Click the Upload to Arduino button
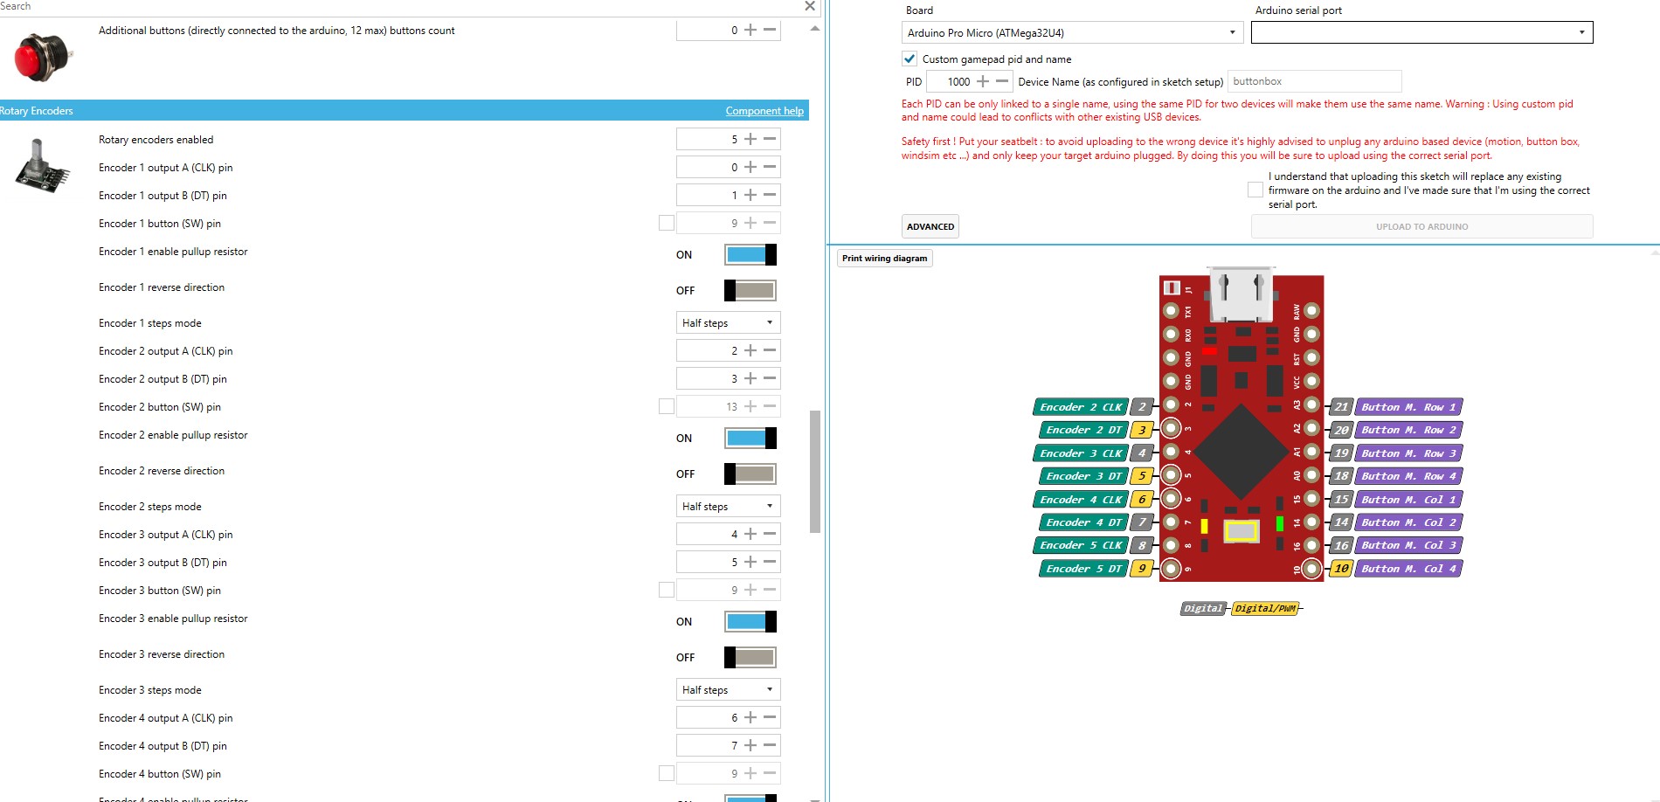pos(1421,226)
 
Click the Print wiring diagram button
pos(885,259)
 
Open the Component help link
pos(764,111)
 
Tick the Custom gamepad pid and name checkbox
pos(910,59)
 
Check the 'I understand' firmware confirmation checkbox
pos(1255,190)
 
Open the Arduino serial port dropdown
pos(1421,32)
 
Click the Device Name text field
pos(1314,81)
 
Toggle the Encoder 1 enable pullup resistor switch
pos(750,254)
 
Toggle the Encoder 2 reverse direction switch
pos(750,474)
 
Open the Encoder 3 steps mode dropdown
pos(728,689)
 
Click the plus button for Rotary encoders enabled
pos(750,139)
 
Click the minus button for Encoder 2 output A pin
pos(770,350)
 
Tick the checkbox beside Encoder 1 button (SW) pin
pos(667,223)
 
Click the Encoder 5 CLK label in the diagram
pos(1081,545)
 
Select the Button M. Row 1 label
pos(1408,407)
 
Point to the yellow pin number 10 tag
pos(1341,569)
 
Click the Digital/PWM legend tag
pos(1265,608)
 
